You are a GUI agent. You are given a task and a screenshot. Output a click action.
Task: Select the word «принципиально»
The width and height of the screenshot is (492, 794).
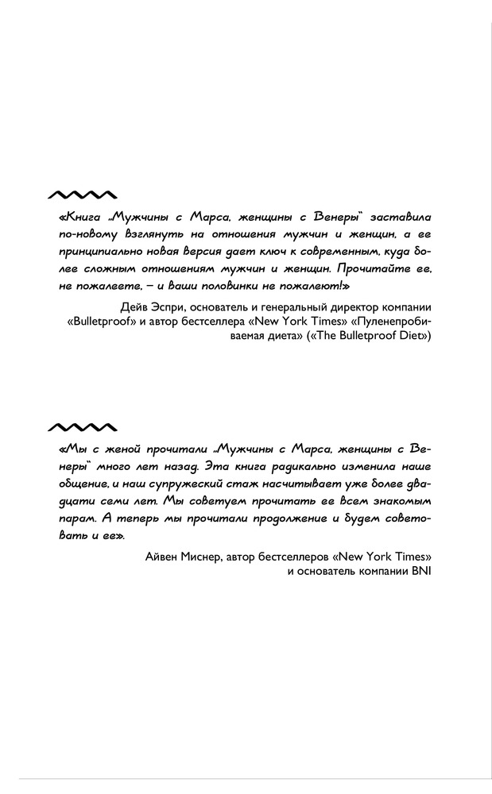[105, 251]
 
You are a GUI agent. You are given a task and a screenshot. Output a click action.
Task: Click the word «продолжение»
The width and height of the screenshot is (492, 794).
[308, 518]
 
